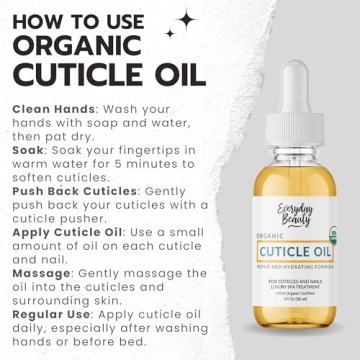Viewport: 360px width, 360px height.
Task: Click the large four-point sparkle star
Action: [x=186, y=19]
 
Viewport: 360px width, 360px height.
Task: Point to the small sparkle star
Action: [x=170, y=33]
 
